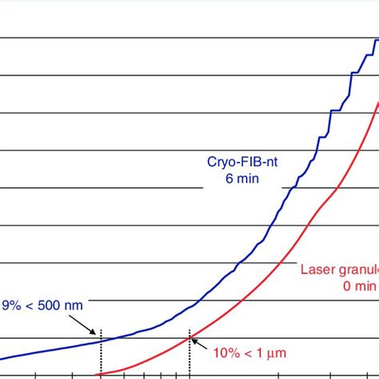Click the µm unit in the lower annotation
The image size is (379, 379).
[277, 352]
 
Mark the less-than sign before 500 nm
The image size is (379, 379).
[36, 305]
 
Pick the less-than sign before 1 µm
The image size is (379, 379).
[251, 352]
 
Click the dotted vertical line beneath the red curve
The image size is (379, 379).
[189, 356]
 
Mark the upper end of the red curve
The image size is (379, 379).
[377, 102]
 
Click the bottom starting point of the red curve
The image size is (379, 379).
[97, 373]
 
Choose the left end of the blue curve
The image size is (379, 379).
[2, 360]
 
